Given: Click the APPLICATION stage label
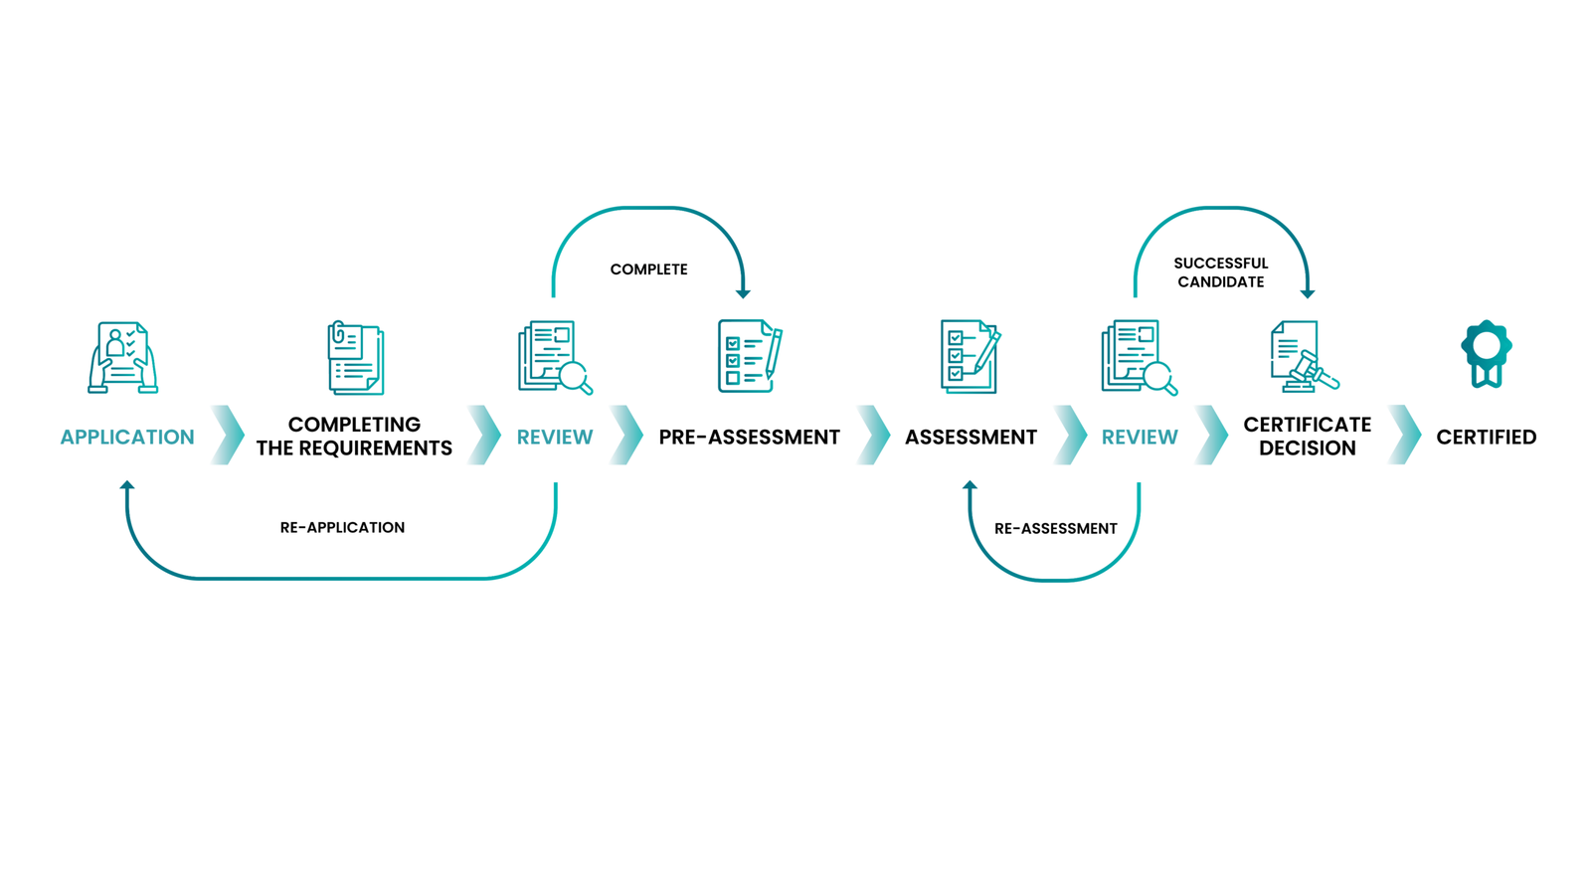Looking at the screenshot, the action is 127,437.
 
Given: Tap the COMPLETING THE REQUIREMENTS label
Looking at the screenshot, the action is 354,437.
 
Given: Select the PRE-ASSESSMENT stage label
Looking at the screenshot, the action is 750,437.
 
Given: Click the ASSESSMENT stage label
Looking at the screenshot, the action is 971,437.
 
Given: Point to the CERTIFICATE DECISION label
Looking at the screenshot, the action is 1308,437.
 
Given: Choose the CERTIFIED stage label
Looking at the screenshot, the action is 1487,437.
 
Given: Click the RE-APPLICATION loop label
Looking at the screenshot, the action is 342,528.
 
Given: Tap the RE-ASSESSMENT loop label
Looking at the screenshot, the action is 1055,528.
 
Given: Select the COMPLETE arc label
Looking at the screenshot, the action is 648,269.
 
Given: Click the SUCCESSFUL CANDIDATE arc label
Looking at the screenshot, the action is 1221,272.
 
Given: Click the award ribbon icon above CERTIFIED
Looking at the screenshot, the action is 1487,354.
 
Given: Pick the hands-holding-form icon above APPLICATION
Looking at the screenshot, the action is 123,357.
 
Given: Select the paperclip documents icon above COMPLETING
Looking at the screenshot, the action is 356,357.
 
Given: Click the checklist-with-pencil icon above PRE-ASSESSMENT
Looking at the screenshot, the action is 750,356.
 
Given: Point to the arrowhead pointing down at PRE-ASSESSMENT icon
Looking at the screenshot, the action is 743,293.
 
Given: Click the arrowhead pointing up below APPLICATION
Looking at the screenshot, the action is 127,485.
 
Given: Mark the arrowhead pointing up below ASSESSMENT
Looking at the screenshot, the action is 970,485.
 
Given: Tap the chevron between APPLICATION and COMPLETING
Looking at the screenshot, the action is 228,435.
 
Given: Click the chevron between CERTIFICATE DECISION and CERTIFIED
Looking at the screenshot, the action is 1404,435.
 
